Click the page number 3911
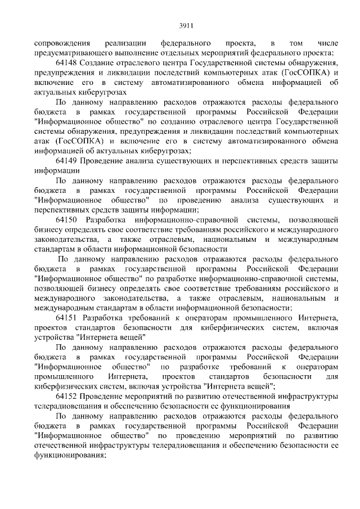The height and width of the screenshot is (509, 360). (180, 25)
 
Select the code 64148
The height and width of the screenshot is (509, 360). (67, 63)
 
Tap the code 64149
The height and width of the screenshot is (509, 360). (67, 160)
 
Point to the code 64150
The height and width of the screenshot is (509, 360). (67, 219)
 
